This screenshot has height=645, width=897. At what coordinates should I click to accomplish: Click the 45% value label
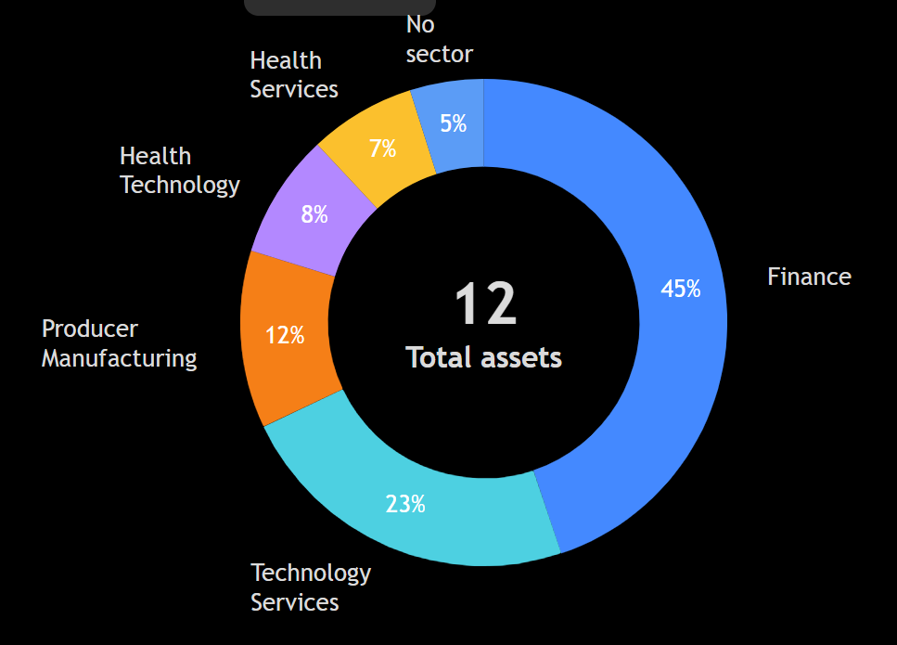point(680,290)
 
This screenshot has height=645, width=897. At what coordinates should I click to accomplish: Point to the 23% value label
point(405,504)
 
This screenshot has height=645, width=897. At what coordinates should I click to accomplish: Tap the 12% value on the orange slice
point(285,335)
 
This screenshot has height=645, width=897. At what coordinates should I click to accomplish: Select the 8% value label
point(314,214)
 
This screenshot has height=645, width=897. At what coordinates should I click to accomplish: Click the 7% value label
point(382,148)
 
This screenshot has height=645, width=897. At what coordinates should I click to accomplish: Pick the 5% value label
point(453,123)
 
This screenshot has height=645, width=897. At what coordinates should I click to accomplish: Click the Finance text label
point(809,277)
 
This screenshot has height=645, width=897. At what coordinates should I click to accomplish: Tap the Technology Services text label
point(310,587)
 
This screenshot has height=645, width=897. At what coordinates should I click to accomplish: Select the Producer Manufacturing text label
point(119,343)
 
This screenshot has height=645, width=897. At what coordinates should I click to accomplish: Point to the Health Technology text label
point(179,171)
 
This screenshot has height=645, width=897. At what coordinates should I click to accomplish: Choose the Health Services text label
point(293,75)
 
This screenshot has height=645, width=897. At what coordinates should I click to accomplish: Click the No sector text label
point(439,40)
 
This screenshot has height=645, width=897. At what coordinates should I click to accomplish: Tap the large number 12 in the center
point(484,303)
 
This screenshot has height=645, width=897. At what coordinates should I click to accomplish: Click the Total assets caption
point(484,357)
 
